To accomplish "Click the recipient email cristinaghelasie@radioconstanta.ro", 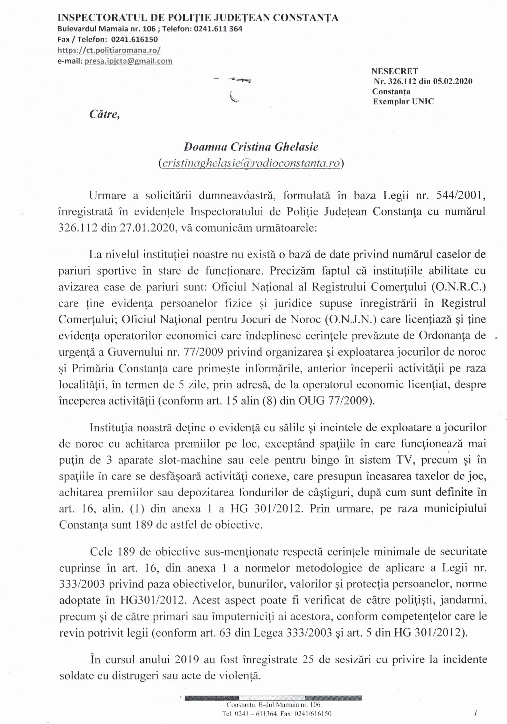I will click(251, 163).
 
